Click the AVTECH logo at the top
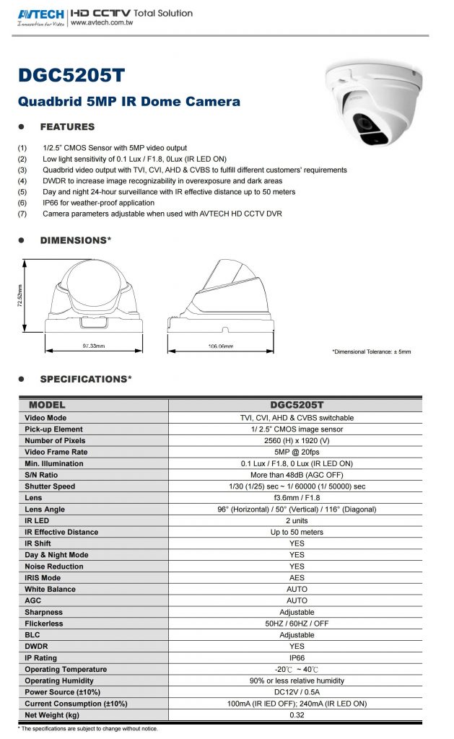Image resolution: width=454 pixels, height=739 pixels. point(39,14)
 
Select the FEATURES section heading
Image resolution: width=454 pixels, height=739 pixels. point(67,127)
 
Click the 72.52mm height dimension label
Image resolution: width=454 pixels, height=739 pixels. point(20,296)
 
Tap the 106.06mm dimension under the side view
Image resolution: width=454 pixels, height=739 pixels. point(219,346)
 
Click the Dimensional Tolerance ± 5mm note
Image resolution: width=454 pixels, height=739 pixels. point(371,351)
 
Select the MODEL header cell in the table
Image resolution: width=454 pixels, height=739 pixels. point(47,406)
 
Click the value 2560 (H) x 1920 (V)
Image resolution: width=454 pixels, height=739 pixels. point(297,440)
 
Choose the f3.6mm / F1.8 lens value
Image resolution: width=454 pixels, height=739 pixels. point(297,498)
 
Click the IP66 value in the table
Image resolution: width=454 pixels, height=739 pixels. point(297,658)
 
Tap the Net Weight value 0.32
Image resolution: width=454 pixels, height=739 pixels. point(297,715)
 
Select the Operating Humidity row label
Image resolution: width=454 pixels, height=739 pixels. point(58,681)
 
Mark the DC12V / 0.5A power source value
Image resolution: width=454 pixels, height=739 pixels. point(297,692)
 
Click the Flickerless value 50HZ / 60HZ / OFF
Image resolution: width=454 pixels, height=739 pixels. point(297,624)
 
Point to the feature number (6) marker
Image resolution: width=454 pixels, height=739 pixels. point(22,203)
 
